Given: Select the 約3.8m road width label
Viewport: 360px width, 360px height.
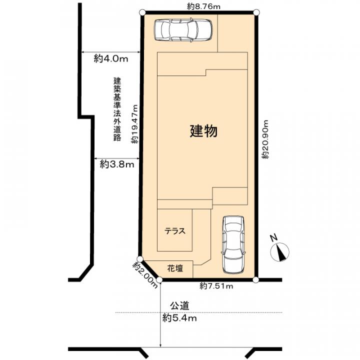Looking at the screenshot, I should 116,164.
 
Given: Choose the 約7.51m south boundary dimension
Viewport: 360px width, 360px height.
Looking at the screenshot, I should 217,286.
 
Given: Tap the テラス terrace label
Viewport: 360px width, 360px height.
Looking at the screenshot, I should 175,231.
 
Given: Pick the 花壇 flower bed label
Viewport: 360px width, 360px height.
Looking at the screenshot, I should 174,268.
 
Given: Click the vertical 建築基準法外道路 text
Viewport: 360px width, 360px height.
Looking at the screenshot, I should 117,109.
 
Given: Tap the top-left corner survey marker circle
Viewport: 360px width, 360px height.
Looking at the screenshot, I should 142,12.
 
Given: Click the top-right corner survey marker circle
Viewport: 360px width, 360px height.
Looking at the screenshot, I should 256,12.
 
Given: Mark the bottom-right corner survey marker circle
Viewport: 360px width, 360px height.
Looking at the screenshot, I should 256,280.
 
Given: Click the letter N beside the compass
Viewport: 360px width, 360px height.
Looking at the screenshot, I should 272,238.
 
